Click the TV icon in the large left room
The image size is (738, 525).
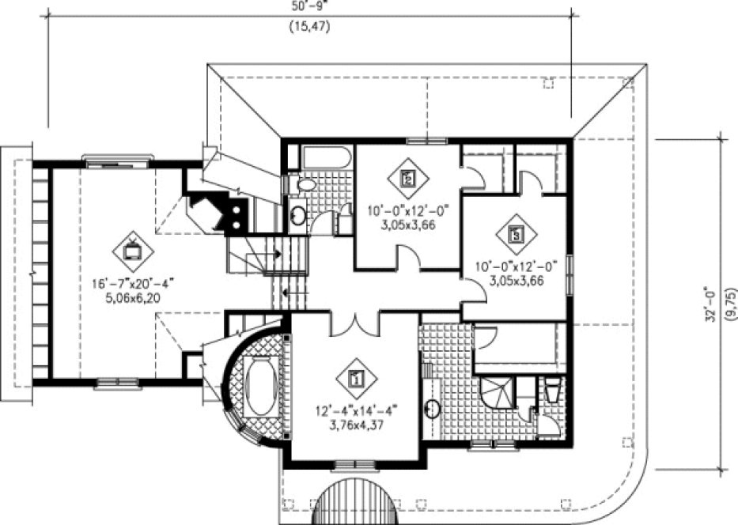point(132,250)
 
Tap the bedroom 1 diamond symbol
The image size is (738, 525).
point(355,378)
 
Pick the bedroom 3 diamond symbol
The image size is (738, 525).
point(516,234)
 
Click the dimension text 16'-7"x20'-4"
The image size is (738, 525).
point(133,283)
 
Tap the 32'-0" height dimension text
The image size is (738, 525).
point(712,304)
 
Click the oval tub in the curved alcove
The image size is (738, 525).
point(259,387)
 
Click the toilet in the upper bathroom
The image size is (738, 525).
point(303,185)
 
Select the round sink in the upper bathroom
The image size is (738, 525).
point(298,214)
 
